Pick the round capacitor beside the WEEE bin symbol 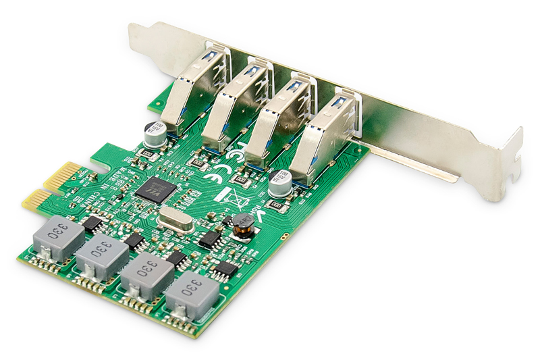(279, 183)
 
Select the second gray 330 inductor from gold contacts (101, 257)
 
